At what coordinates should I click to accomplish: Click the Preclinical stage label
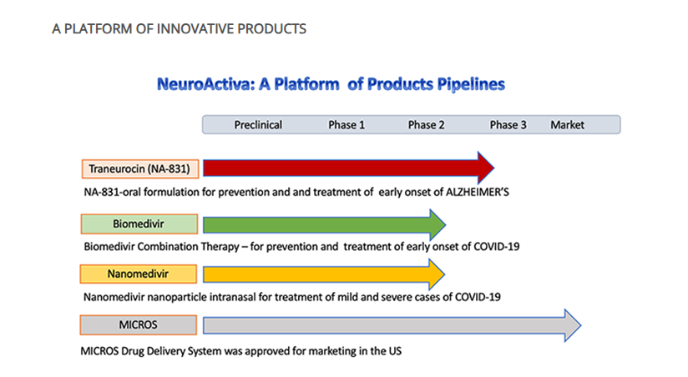[258, 125]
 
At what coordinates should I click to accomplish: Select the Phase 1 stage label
[347, 125]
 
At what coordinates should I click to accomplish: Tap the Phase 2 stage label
[426, 125]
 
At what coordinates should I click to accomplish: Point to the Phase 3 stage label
[508, 125]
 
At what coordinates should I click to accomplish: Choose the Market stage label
[567, 125]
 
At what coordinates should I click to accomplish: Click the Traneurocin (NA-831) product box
[140, 168]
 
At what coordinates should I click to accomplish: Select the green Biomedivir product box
[139, 224]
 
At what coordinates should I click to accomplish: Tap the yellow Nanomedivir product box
[139, 274]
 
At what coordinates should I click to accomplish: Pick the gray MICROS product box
[139, 324]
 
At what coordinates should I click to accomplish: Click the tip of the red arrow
[494, 168]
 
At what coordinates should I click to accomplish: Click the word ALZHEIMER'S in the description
[478, 192]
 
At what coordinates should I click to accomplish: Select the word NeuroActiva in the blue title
[205, 83]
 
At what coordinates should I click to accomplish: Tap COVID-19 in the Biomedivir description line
[497, 246]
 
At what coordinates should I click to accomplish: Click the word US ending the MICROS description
[395, 351]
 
